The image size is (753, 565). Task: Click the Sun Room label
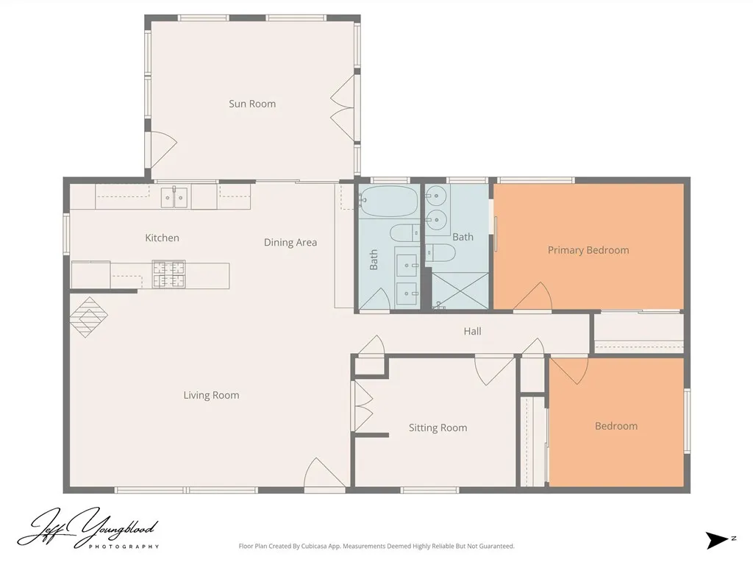click(x=252, y=104)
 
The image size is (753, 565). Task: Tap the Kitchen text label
click(x=162, y=238)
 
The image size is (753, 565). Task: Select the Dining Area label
click(x=290, y=242)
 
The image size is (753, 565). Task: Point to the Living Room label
click(x=211, y=395)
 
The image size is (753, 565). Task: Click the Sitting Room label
click(x=438, y=427)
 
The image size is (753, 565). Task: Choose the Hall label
click(x=472, y=331)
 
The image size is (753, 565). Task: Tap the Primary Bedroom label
click(x=588, y=250)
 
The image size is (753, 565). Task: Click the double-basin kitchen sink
click(x=175, y=197)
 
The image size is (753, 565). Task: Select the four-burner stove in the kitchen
click(x=168, y=274)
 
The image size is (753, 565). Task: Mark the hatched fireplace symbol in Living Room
click(x=88, y=317)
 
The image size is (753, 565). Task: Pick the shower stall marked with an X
click(x=460, y=290)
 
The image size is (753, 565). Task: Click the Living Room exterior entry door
click(x=324, y=475)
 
